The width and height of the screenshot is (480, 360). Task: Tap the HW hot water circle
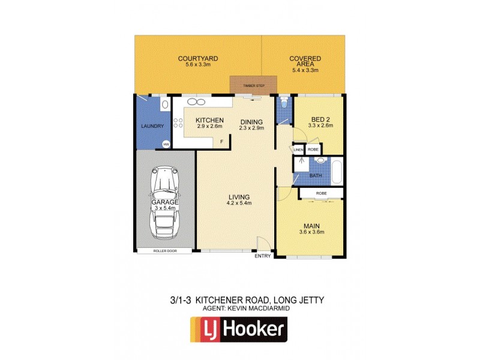[x=166, y=144]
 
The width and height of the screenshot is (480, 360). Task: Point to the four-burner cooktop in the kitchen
[x=178, y=124]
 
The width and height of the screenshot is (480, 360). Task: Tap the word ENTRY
[x=263, y=256]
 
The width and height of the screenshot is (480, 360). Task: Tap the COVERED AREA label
[x=305, y=62]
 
